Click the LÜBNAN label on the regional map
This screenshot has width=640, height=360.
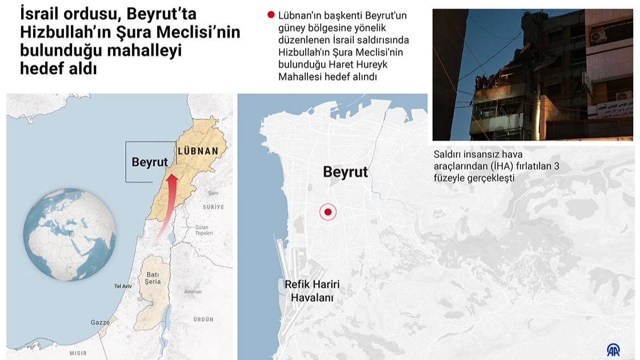(198, 151)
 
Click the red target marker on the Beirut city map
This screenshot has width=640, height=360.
(328, 213)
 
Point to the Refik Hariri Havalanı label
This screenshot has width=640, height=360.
(312, 291)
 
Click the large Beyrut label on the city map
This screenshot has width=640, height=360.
(345, 171)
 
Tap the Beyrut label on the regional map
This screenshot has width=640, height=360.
(150, 162)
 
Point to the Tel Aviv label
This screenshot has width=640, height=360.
(123, 286)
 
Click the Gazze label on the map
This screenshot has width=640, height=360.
(100, 323)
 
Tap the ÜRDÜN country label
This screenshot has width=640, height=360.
(203, 319)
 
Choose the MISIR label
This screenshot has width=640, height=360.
(78, 353)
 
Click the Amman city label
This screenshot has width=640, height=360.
(193, 291)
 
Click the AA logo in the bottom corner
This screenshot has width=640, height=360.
(613, 349)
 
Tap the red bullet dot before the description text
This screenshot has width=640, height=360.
(271, 15)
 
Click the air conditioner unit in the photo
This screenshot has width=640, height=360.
(598, 37)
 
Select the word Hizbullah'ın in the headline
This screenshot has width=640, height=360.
(65, 32)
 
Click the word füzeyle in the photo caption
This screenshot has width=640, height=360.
(450, 178)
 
